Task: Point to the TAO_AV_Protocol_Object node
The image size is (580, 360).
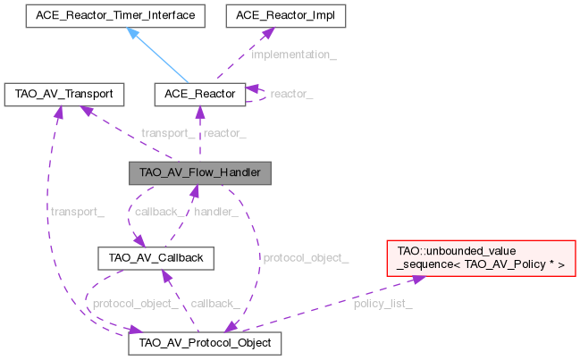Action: click(x=206, y=343)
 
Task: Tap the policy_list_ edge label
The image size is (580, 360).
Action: click(x=382, y=304)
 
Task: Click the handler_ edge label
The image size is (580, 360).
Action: click(x=215, y=212)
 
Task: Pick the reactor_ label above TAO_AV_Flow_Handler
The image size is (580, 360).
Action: click(x=225, y=133)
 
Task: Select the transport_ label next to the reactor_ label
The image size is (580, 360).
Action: click(x=167, y=133)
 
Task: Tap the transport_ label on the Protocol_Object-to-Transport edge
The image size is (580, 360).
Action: click(x=76, y=212)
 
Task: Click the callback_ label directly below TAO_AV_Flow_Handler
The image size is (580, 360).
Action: click(x=160, y=212)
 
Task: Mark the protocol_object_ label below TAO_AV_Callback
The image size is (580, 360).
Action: click(x=135, y=304)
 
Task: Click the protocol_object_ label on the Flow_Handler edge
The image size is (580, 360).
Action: click(x=306, y=257)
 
